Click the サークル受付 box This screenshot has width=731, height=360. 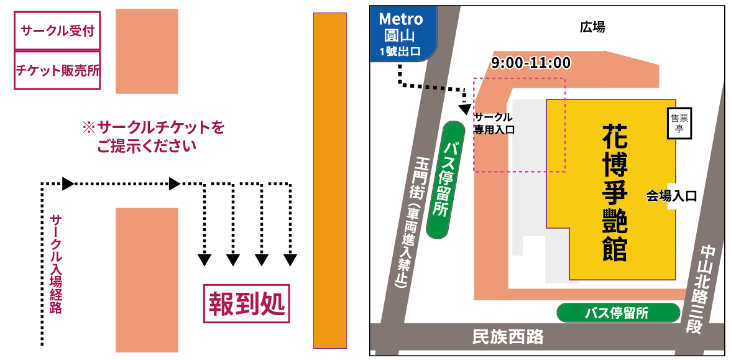pyautogui.click(x=57, y=30)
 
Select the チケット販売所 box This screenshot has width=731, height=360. pyautogui.click(x=57, y=70)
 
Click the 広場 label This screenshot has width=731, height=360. pyautogui.click(x=592, y=27)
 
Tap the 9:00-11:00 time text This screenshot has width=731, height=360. pyautogui.click(x=530, y=63)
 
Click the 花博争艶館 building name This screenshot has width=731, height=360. pyautogui.click(x=614, y=193)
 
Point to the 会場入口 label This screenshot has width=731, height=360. pyautogui.click(x=671, y=196)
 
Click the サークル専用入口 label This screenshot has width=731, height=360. pyautogui.click(x=494, y=123)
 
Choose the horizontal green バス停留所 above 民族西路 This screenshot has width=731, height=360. pyautogui.click(x=617, y=313)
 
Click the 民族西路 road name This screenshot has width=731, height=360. pyautogui.click(x=508, y=337)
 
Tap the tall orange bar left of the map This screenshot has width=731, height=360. pyautogui.click(x=329, y=180)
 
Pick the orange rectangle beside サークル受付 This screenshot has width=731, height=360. pyautogui.click(x=147, y=51)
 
